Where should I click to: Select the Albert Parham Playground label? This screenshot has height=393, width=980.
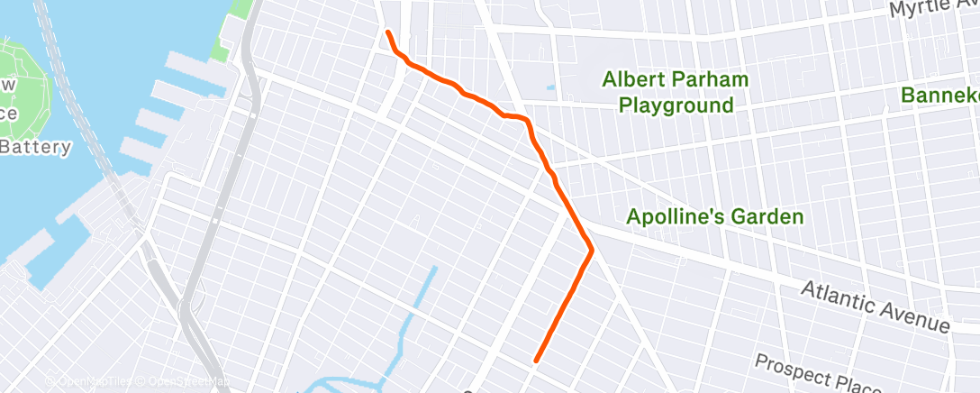(x=676, y=93)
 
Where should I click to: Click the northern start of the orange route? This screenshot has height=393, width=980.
(x=388, y=32)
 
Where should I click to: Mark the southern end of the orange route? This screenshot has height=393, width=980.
(x=536, y=361)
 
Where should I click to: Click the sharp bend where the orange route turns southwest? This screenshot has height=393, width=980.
(x=591, y=251)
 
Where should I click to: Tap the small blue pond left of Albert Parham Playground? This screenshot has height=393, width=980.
(x=549, y=89)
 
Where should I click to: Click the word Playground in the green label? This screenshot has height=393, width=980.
(x=676, y=105)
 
